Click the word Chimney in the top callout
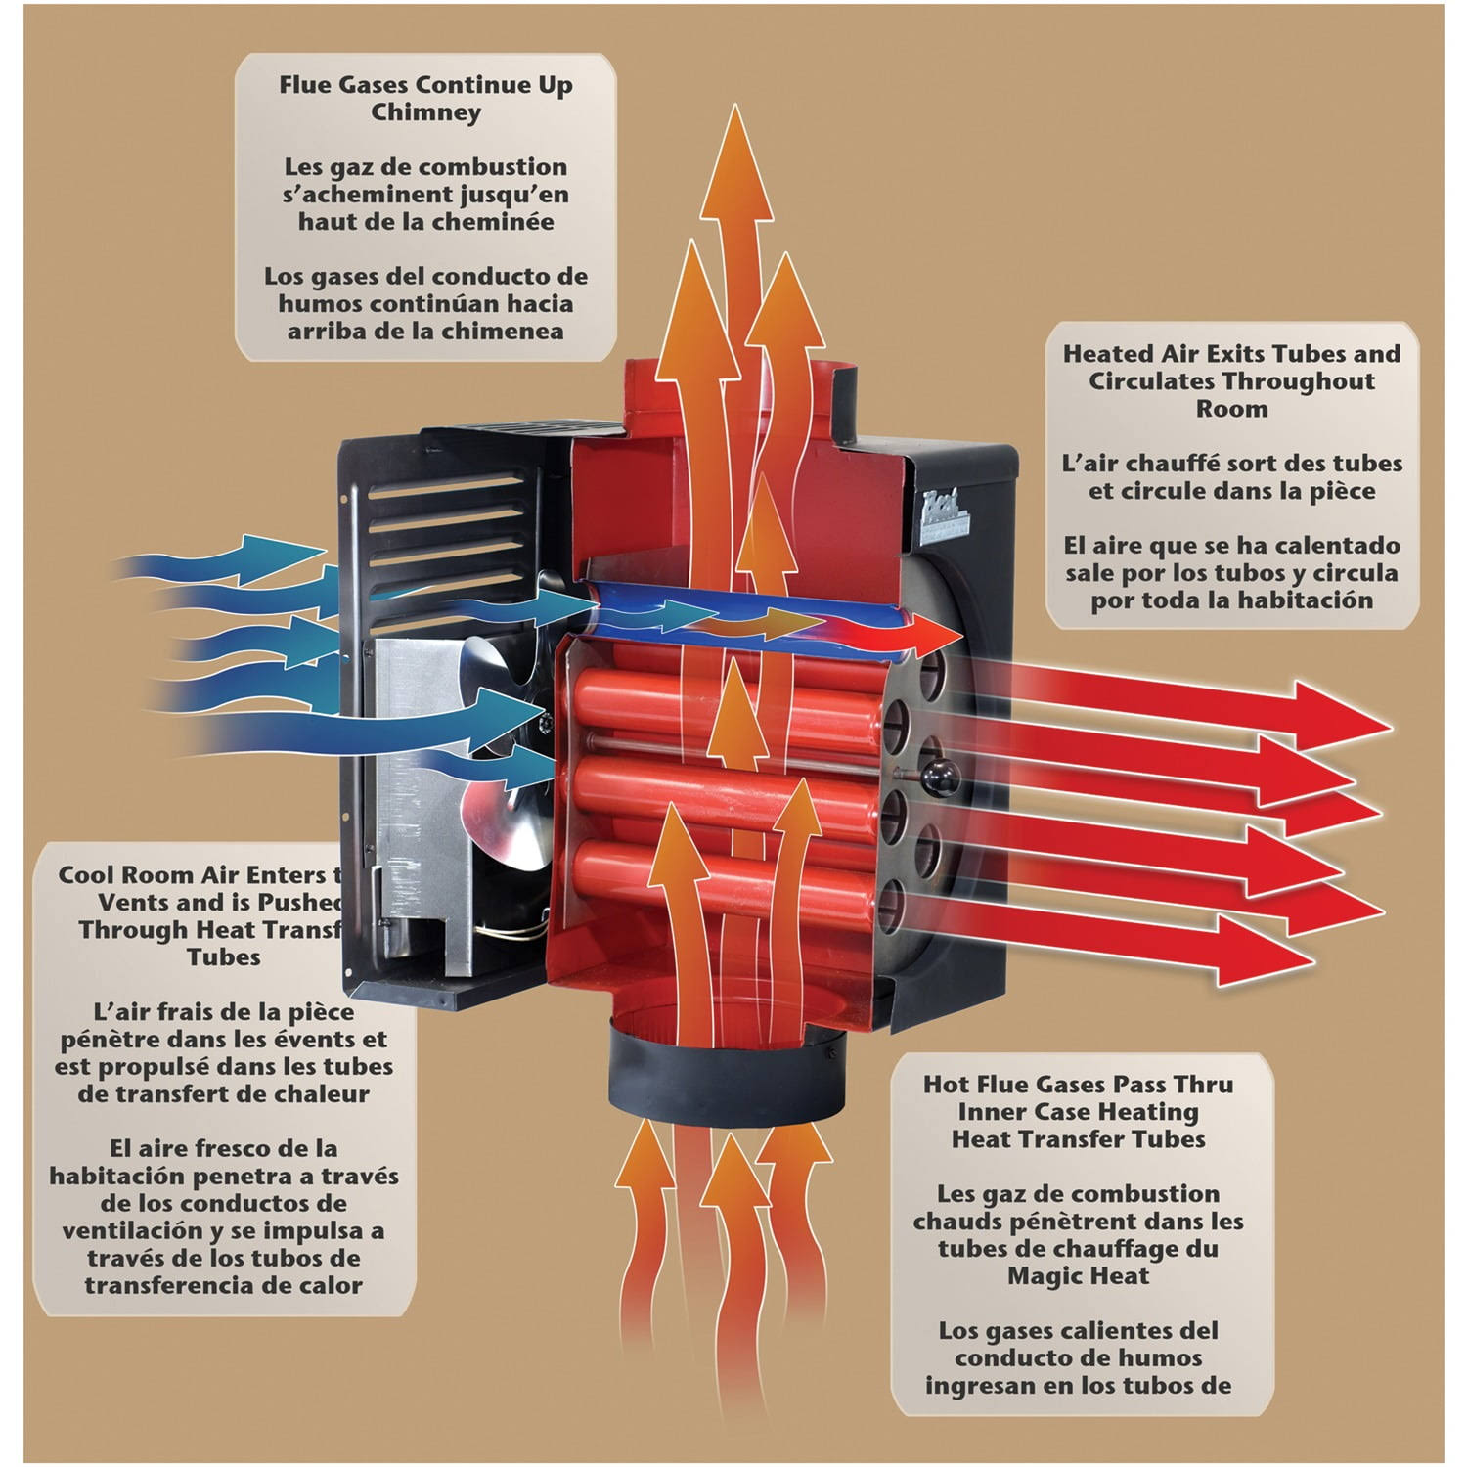pyautogui.click(x=425, y=112)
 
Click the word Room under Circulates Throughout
pyautogui.click(x=1231, y=409)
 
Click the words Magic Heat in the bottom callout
pyautogui.click(x=1078, y=1276)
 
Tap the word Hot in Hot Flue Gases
pyautogui.click(x=946, y=1085)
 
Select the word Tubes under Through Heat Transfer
pyautogui.click(x=224, y=957)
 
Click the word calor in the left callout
pyautogui.click(x=331, y=1285)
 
